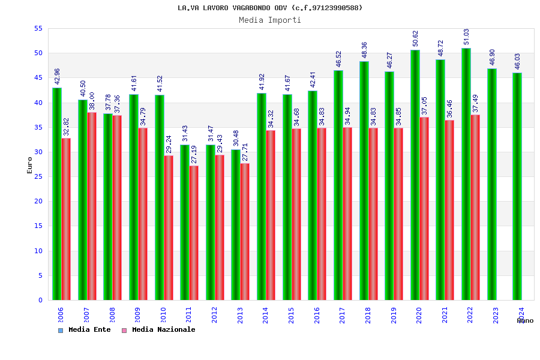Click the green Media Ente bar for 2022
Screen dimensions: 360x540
[x=466, y=174]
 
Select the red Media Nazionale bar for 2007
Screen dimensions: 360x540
[x=92, y=206]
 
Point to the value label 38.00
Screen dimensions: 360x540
[x=92, y=101]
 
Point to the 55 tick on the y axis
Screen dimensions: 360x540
[x=38, y=29]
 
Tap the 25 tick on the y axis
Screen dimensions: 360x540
[x=38, y=176]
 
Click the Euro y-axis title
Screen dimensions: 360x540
[x=30, y=165]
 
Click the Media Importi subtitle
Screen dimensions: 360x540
[x=270, y=20]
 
